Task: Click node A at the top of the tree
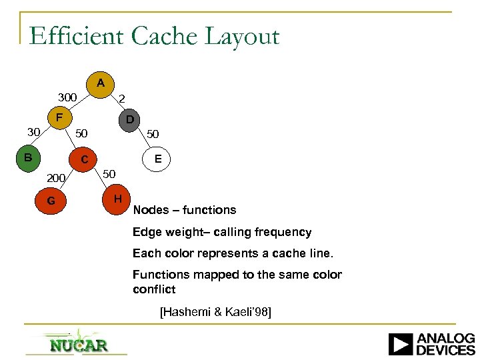click(x=100, y=84)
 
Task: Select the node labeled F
click(x=59, y=119)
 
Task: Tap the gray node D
click(x=129, y=121)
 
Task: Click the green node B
click(x=28, y=159)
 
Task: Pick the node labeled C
click(x=84, y=160)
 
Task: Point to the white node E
click(x=157, y=159)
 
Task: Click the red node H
click(x=117, y=199)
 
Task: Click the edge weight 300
click(x=67, y=98)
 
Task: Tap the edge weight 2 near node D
click(x=121, y=99)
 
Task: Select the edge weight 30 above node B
click(x=33, y=131)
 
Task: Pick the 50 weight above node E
click(x=153, y=134)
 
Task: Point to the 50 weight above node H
click(x=109, y=174)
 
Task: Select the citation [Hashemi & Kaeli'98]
click(x=215, y=311)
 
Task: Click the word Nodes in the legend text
click(x=150, y=210)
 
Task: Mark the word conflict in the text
click(x=154, y=289)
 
